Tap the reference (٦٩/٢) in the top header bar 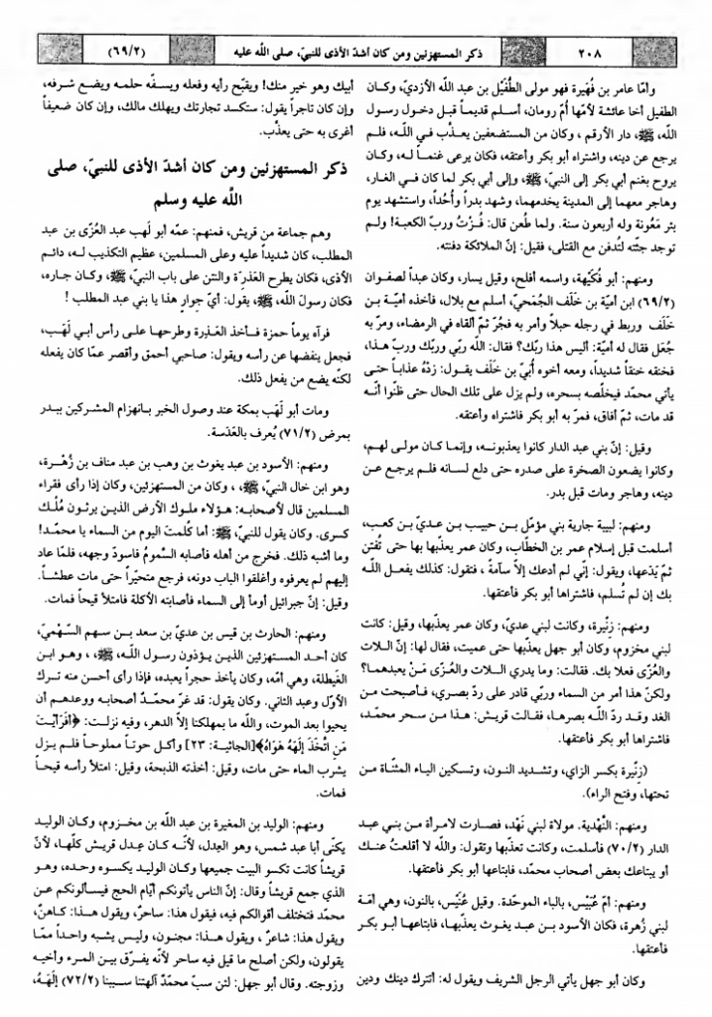click(98, 45)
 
